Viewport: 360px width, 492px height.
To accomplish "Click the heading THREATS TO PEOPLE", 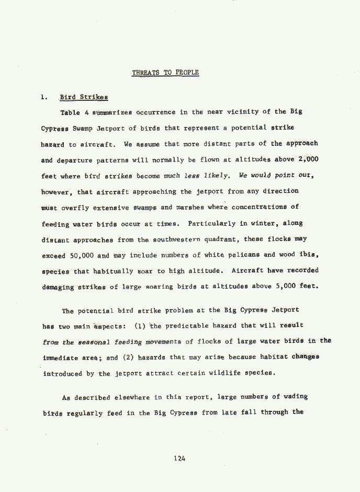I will (x=165, y=73).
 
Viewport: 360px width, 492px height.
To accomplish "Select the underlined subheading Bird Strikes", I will (x=84, y=97).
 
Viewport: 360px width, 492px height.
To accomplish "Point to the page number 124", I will (x=179, y=459).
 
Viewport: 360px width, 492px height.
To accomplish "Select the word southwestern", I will (x=161, y=240).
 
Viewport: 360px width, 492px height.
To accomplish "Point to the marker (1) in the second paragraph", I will (x=140, y=326).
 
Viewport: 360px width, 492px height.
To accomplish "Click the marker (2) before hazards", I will (x=127, y=358).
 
